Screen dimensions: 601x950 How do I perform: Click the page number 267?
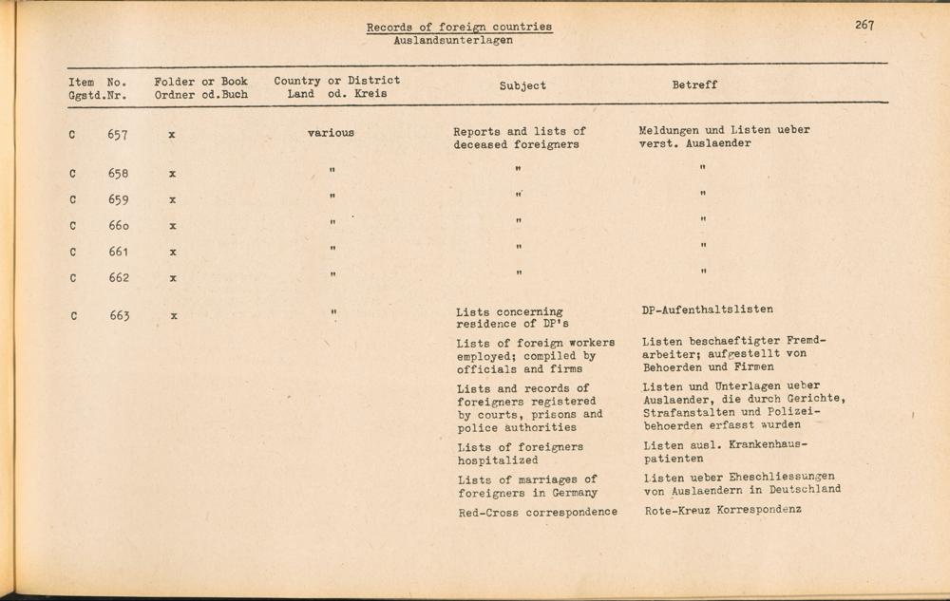pyautogui.click(x=864, y=26)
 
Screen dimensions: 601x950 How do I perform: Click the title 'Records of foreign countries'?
pyautogui.click(x=459, y=27)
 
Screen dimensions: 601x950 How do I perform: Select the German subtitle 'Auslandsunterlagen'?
pyautogui.click(x=452, y=41)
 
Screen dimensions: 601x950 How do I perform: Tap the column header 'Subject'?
pyautogui.click(x=522, y=86)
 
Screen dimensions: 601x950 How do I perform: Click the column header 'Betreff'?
pyautogui.click(x=694, y=85)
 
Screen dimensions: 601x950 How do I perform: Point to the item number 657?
pyautogui.click(x=118, y=134)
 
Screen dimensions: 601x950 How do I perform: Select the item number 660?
pyautogui.click(x=118, y=226)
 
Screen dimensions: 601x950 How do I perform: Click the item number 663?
pyautogui.click(x=118, y=316)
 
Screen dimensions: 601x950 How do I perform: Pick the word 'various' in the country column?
pyautogui.click(x=331, y=133)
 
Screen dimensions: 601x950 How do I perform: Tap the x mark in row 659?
pyautogui.click(x=172, y=200)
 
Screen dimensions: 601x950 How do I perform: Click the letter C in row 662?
pyautogui.click(x=73, y=278)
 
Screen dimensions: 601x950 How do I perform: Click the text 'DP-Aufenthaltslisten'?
pyautogui.click(x=707, y=310)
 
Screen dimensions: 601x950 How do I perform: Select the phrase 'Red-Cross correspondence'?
pyautogui.click(x=537, y=512)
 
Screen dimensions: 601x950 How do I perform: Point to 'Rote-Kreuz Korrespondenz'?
pyautogui.click(x=722, y=510)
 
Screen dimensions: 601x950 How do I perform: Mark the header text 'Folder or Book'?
pyautogui.click(x=200, y=82)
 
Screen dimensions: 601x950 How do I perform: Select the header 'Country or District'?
pyautogui.click(x=336, y=81)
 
